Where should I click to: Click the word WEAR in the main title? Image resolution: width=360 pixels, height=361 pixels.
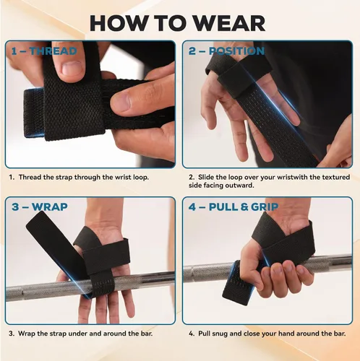(229, 23)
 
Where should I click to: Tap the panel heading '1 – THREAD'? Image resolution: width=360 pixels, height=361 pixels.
(44, 51)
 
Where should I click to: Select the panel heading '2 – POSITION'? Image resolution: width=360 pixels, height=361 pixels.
(226, 51)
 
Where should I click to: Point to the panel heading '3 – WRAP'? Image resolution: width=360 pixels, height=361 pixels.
(40, 207)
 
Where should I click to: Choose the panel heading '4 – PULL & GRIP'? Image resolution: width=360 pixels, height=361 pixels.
(233, 207)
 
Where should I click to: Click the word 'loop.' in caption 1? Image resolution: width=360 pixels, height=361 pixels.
(141, 177)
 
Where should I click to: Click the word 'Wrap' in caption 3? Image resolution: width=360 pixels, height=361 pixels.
(26, 334)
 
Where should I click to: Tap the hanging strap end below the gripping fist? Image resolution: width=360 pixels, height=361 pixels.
(237, 287)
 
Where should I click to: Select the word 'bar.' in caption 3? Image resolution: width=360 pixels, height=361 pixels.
(146, 334)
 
